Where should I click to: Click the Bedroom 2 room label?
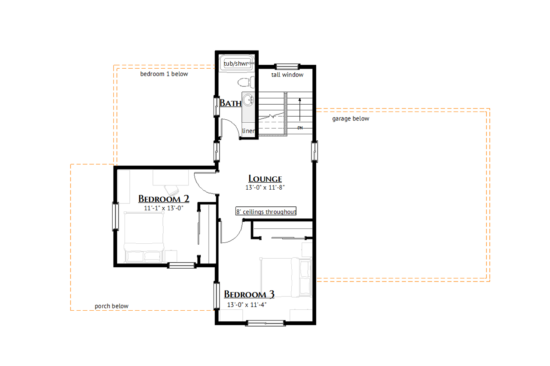164,199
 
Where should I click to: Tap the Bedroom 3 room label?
249,294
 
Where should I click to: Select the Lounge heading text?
265,179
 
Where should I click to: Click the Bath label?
230,103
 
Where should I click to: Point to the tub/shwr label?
236,64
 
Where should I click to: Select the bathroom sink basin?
248,100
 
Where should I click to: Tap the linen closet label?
249,131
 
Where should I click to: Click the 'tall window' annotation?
287,75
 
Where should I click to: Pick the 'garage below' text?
350,118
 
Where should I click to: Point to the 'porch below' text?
111,306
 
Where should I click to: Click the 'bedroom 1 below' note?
164,74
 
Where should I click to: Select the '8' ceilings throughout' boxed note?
266,212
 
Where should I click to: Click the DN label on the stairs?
300,128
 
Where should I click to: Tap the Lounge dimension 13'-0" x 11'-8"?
265,188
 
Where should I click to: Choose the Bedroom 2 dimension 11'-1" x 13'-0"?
163,208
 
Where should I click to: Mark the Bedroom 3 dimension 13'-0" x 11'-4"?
247,305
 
